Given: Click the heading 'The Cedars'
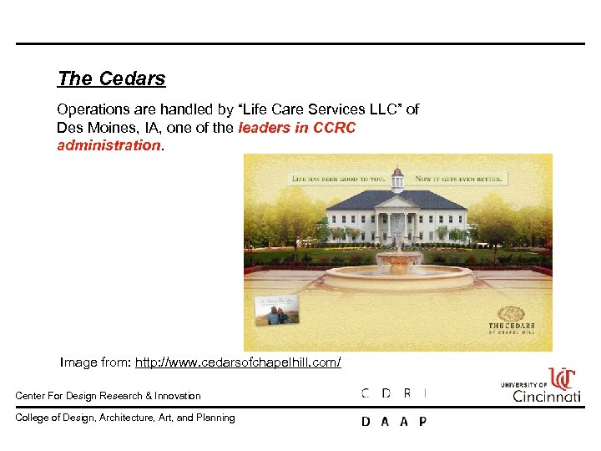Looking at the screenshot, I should [111, 79].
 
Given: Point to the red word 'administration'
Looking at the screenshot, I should [109, 145].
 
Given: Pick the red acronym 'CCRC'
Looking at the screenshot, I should [334, 128].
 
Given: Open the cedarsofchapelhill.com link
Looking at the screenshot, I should [238, 362].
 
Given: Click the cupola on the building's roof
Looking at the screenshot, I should [397, 179].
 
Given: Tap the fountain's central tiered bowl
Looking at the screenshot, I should [398, 259].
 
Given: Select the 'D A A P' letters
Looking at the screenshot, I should [394, 422].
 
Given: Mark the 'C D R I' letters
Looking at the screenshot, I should [394, 393].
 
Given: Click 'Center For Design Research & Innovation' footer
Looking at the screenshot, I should [109, 396].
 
